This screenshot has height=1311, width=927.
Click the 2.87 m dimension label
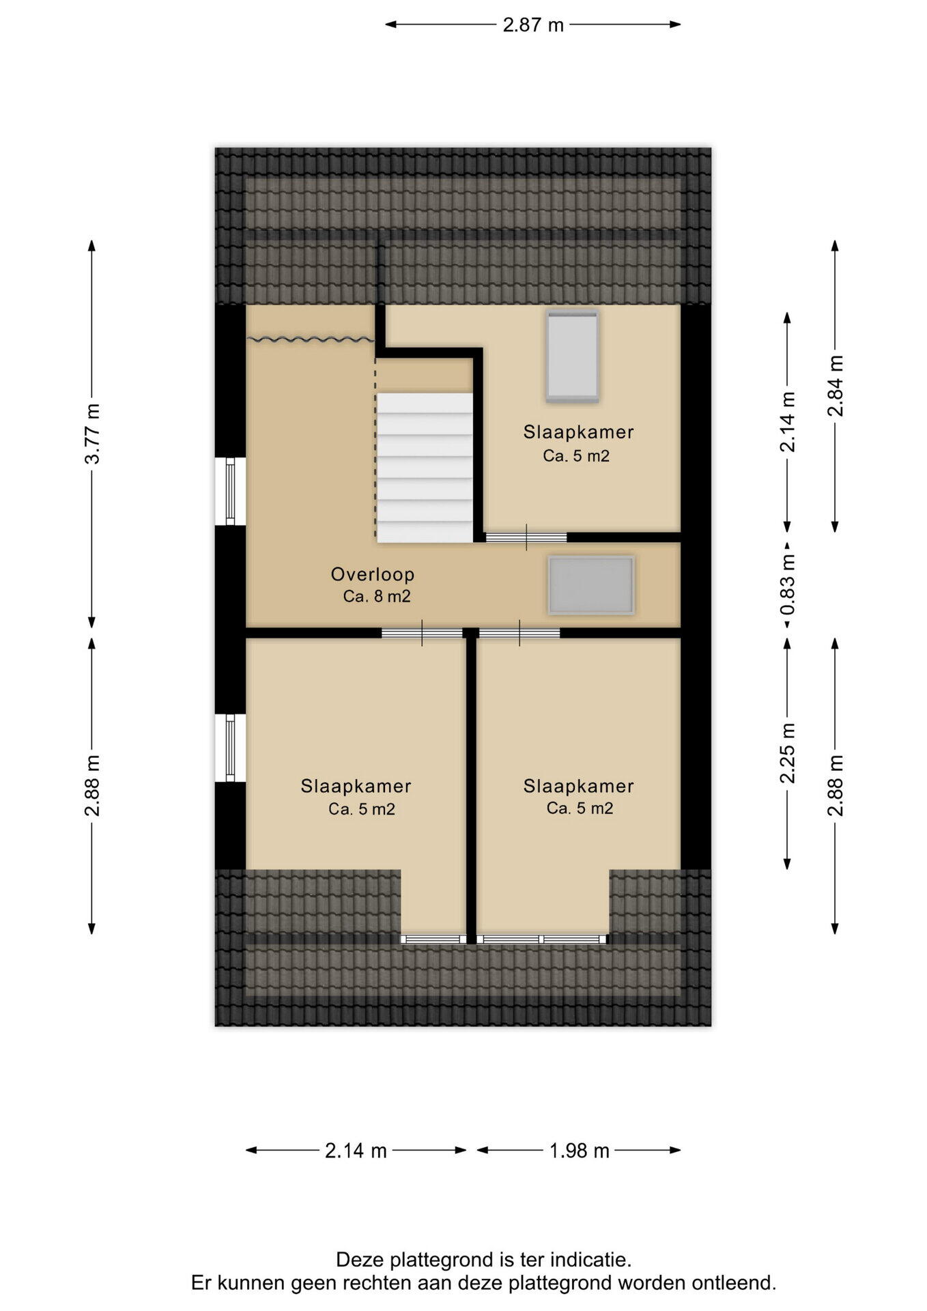[x=533, y=25]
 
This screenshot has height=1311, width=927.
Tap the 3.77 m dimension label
[x=92, y=434]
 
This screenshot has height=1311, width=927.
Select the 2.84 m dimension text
[x=836, y=386]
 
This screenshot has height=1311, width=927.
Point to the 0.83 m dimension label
[x=788, y=586]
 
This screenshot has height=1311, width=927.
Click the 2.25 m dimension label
[x=788, y=753]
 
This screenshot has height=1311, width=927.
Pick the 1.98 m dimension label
[x=580, y=1151]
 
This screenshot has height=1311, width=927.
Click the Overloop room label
[x=373, y=574]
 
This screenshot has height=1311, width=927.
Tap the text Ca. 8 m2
[x=377, y=596]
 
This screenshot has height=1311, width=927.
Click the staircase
[x=425, y=468]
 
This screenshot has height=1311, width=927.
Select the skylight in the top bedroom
[x=572, y=356]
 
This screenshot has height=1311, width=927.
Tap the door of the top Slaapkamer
[x=526, y=537]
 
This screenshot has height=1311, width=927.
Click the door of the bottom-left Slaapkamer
[x=422, y=633]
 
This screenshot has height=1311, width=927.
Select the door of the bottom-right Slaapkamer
[x=519, y=633]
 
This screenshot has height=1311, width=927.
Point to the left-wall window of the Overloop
[x=231, y=491]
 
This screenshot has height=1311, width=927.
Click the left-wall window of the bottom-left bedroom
[x=231, y=748]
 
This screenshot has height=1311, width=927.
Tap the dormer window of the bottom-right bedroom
[x=542, y=939]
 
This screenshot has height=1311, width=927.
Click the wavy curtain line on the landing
[x=311, y=338]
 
